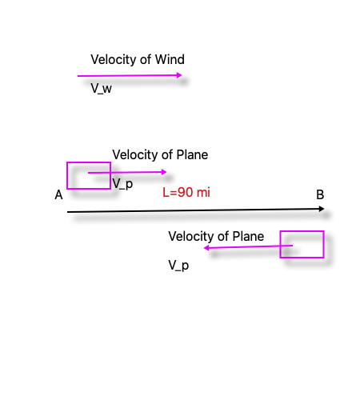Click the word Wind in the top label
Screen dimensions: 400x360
click(x=170, y=60)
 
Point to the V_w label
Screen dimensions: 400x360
click(x=101, y=88)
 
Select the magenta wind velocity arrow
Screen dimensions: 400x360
click(x=128, y=76)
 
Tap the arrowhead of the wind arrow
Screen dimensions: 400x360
click(x=180, y=75)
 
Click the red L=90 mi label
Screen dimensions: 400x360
click(x=186, y=192)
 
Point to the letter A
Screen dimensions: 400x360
click(x=58, y=195)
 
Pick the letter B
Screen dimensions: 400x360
click(x=320, y=194)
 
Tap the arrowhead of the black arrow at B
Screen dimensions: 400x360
click(x=322, y=209)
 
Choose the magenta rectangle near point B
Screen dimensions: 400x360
click(x=302, y=257)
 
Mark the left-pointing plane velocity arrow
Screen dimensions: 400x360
click(x=248, y=247)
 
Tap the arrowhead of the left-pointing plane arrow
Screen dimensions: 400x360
click(x=206, y=248)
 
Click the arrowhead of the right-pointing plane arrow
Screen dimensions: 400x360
click(x=165, y=172)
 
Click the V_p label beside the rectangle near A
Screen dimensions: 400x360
click(x=122, y=184)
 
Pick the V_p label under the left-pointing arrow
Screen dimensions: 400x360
click(x=178, y=265)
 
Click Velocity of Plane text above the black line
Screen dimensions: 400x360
click(x=160, y=154)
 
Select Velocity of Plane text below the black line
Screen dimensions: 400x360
click(x=216, y=236)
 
